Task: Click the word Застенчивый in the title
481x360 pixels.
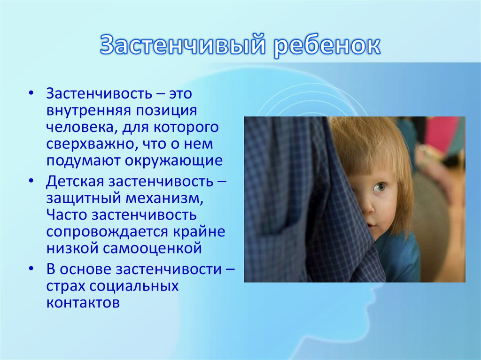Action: click(183, 45)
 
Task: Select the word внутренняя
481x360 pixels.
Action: click(88, 110)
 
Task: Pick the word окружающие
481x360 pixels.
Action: click(174, 161)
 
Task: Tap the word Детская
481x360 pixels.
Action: click(75, 182)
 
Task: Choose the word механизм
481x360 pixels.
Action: click(164, 199)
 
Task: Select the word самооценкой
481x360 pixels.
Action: click(152, 248)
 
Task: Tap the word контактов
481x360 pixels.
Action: click(83, 303)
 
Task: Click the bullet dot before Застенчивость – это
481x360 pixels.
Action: click(31, 93)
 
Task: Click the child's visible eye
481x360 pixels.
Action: click(379, 186)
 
